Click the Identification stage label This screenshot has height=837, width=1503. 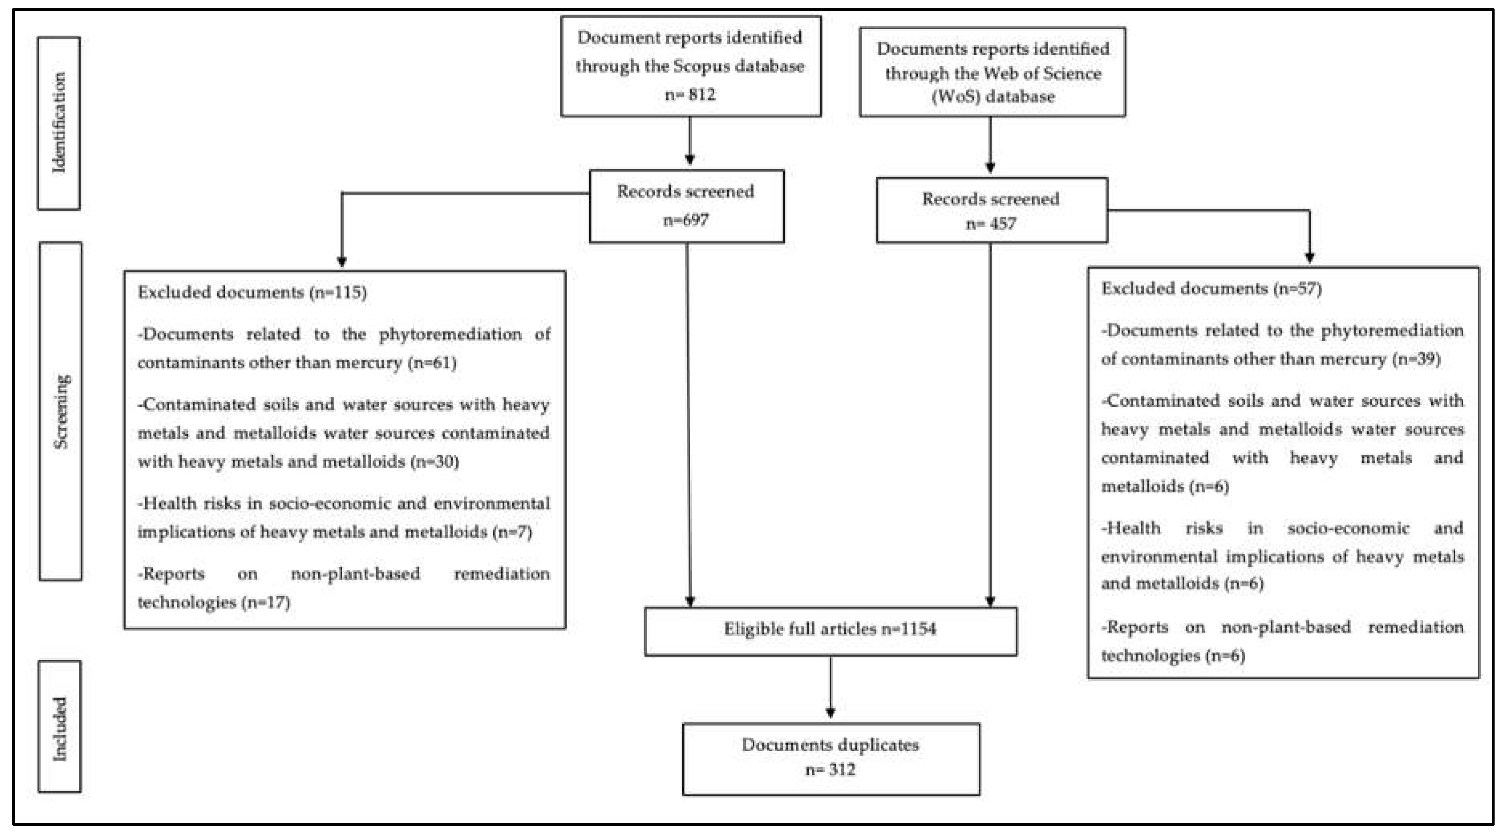[59, 123]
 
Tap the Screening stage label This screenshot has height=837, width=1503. [61, 411]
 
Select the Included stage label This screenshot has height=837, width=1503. [59, 728]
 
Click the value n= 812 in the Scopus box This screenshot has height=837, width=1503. [690, 94]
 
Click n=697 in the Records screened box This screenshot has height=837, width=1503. [686, 220]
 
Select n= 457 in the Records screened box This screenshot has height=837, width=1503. [991, 224]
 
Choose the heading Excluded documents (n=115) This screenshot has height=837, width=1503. [252, 292]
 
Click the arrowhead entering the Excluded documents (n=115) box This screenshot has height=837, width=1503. [342, 262]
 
